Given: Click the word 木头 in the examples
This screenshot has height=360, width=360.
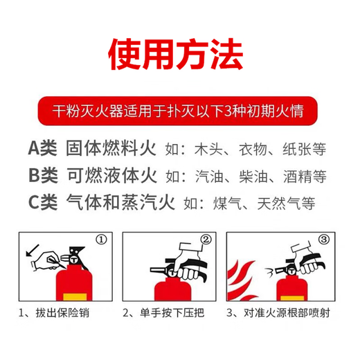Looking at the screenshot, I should tap(210, 149).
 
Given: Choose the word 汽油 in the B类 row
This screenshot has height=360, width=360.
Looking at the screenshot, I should tap(210, 177).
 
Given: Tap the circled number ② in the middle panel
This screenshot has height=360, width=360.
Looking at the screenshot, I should tap(205, 240).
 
